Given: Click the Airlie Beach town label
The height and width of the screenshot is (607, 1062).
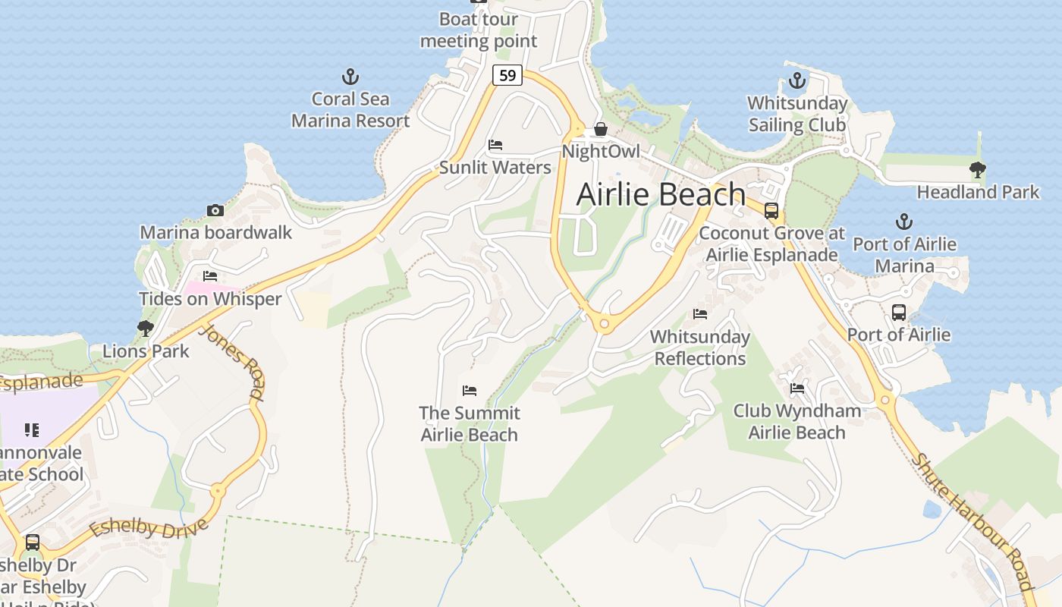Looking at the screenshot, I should (661, 194).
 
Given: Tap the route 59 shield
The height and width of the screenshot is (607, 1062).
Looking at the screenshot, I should (507, 75).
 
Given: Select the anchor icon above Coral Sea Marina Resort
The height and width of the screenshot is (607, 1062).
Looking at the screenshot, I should (350, 77).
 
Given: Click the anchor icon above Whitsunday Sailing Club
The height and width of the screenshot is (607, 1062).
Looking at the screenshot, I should (796, 80).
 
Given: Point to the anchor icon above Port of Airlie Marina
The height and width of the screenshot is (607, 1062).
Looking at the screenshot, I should (903, 222).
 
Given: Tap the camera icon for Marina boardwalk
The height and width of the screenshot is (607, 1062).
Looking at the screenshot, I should (215, 210).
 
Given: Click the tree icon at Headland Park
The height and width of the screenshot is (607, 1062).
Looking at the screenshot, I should (978, 170).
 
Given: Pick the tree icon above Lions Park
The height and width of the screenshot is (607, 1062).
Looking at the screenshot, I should (146, 329).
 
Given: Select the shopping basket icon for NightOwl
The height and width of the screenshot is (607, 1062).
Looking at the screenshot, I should (601, 129).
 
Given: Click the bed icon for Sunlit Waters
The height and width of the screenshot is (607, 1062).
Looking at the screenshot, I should (495, 145).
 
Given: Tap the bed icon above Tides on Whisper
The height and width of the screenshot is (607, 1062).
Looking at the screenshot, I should (210, 276).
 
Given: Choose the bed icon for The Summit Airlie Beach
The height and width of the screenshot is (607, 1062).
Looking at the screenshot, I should (470, 391).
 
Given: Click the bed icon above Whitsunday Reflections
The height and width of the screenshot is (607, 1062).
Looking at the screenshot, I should (700, 313).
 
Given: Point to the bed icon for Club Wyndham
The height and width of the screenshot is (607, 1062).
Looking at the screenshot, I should (797, 388).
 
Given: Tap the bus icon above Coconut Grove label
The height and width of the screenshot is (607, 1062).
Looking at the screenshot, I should (771, 210).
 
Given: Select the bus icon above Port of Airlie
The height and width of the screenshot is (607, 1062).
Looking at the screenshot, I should (899, 312).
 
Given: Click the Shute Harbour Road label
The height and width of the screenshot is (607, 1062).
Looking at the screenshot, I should (972, 521).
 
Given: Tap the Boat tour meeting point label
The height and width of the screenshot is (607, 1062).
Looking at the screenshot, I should (479, 30).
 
